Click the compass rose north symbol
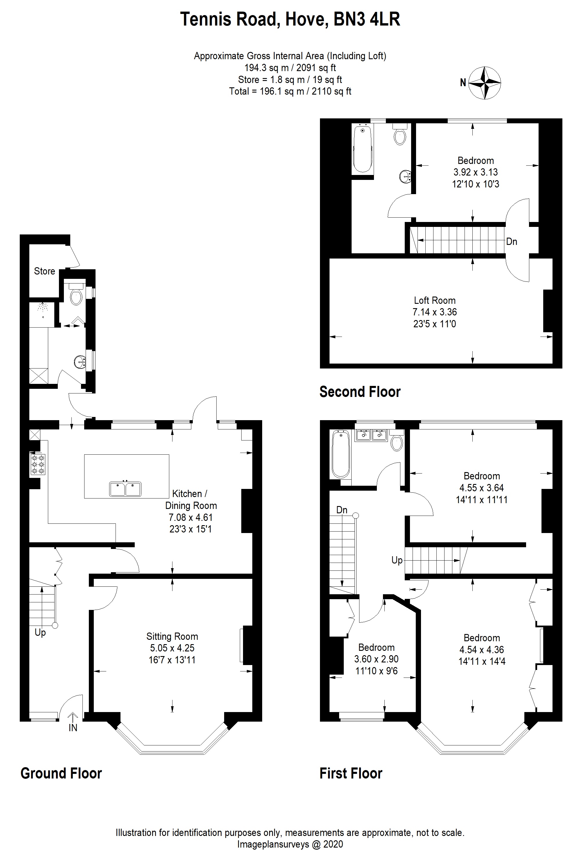coord(484,83)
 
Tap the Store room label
coord(44,271)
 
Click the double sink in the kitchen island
coord(125,489)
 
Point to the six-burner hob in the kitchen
coord(38,464)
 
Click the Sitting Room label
coord(172,636)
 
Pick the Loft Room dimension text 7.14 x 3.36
coord(435,312)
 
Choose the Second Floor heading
coord(360,392)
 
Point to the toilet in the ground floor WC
coord(76,296)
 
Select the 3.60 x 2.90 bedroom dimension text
coord(376,659)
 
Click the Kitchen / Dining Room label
coord(191,500)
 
